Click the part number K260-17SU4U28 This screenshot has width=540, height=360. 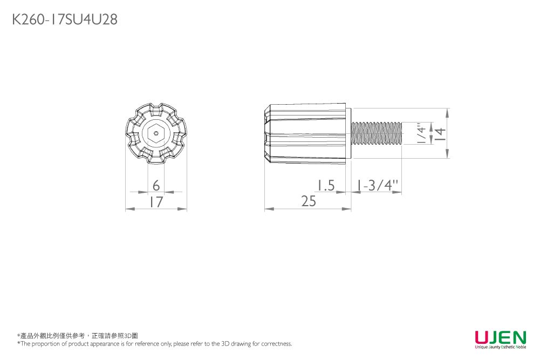pyautogui.click(x=65, y=19)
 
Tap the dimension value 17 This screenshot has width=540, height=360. pyautogui.click(x=156, y=202)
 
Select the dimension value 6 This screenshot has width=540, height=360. pyautogui.click(x=156, y=186)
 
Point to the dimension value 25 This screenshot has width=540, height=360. pyautogui.click(x=308, y=201)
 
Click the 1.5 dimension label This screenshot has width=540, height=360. pyautogui.click(x=326, y=186)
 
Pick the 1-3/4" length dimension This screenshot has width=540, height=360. pyautogui.click(x=377, y=185)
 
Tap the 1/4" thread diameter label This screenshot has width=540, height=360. pyautogui.click(x=421, y=133)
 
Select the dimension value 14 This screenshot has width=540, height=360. pyautogui.click(x=440, y=133)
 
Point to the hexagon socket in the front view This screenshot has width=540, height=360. pyautogui.click(x=156, y=133)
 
